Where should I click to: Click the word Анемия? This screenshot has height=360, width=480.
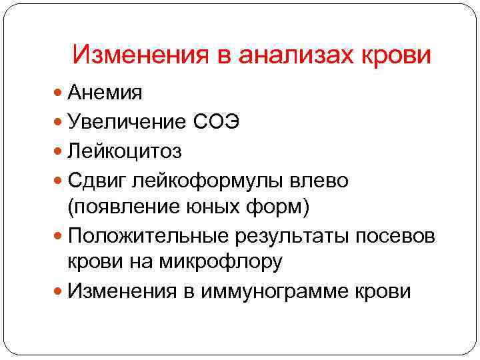(x=105, y=93)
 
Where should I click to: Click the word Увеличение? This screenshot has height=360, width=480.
(x=132, y=122)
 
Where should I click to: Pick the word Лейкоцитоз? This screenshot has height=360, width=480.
(x=124, y=151)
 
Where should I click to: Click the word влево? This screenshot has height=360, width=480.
(x=323, y=181)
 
